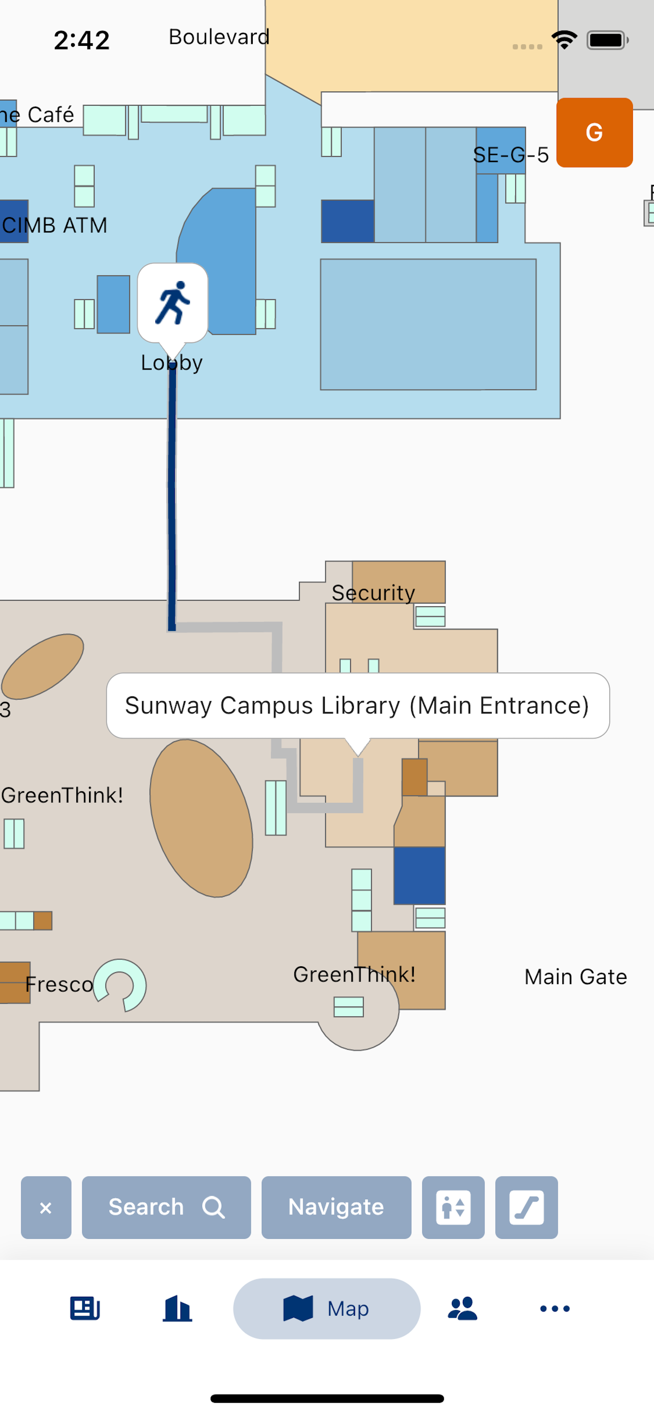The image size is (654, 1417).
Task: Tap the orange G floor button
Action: [594, 132]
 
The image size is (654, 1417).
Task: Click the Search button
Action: [166, 1207]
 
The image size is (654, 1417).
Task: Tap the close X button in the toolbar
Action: [46, 1207]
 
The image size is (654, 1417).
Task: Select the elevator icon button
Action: [453, 1207]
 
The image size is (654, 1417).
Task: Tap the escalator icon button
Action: [527, 1207]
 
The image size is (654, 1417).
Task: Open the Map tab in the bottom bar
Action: [327, 1308]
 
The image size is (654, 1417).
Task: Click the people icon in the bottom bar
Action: [463, 1308]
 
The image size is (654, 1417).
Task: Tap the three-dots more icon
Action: [555, 1308]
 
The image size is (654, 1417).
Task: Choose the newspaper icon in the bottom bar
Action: [85, 1308]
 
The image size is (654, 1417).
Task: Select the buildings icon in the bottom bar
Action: [177, 1308]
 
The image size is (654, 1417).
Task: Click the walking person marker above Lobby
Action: [173, 304]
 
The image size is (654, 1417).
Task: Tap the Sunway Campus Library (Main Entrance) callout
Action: [358, 706]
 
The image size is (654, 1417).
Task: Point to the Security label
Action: [373, 593]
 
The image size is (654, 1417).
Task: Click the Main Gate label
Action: [576, 977]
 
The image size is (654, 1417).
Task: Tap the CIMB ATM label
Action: [54, 226]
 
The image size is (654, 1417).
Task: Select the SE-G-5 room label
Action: [511, 155]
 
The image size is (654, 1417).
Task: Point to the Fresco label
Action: [60, 985]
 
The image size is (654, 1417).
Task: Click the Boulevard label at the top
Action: [219, 37]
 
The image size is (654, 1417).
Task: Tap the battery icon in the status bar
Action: [607, 40]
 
